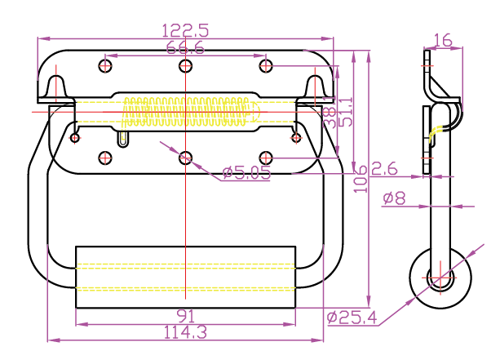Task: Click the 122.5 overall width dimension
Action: pos(186,30)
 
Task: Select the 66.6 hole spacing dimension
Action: pos(186,48)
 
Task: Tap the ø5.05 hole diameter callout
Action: pos(246,172)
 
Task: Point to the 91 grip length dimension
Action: pos(185,315)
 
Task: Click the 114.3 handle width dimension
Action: pos(185,332)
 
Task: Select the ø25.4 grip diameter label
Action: pos(352,316)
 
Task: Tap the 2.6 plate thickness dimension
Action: pos(384,169)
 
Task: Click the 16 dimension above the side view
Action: pos(443,40)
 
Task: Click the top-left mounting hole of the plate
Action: pos(105,64)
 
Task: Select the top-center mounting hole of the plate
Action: pos(186,64)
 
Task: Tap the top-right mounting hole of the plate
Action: pos(265,64)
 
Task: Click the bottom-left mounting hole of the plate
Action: pos(105,158)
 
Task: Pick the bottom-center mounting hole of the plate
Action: pos(186,158)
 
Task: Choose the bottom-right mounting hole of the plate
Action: pos(265,158)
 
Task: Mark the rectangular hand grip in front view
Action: pos(185,276)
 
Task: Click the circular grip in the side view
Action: pos(441,278)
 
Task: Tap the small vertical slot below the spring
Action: pos(123,140)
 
